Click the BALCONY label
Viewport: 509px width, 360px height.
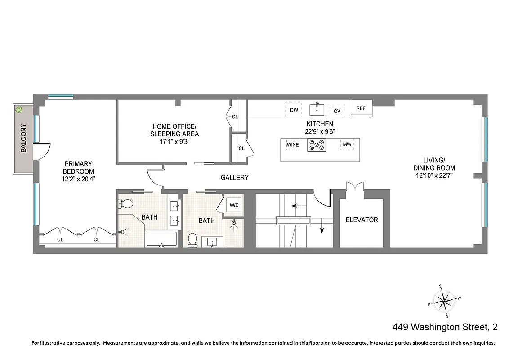23,139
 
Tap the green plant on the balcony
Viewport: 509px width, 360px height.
19,109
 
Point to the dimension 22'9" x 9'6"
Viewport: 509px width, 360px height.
320,131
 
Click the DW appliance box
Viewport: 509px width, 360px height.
294,110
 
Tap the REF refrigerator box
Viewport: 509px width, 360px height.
361,108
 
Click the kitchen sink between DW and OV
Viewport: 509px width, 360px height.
317,109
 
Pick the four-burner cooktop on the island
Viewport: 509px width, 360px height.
317,145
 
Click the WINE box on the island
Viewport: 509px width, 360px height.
293,144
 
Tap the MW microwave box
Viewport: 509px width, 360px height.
347,144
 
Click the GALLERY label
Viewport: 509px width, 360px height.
234,178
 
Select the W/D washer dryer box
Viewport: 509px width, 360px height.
234,205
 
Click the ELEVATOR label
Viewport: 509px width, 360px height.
362,220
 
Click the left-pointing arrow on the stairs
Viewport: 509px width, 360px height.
295,206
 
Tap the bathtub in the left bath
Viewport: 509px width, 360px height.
162,238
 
